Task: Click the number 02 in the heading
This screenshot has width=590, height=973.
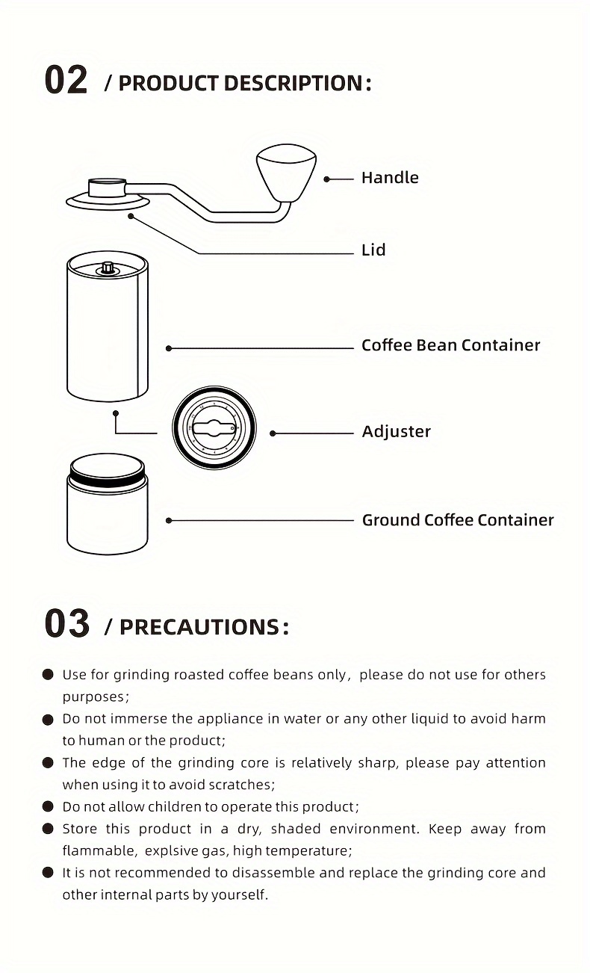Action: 66,81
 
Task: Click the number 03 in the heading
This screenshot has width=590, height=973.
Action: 66,624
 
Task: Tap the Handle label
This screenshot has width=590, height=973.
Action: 389,178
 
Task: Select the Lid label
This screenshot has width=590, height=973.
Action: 373,250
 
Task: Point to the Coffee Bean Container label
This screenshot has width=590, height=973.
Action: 450,345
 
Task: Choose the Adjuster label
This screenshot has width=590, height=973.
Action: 396,432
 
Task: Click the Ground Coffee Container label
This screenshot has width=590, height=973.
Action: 457,520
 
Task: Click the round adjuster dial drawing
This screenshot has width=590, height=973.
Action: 214,428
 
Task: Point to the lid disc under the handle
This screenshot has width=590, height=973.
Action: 108,201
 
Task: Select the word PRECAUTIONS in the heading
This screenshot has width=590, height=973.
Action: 199,627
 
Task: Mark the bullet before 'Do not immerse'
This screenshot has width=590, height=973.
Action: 49,719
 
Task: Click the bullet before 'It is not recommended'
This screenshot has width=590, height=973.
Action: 49,873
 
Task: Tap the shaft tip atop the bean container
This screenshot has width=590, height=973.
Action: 108,267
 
